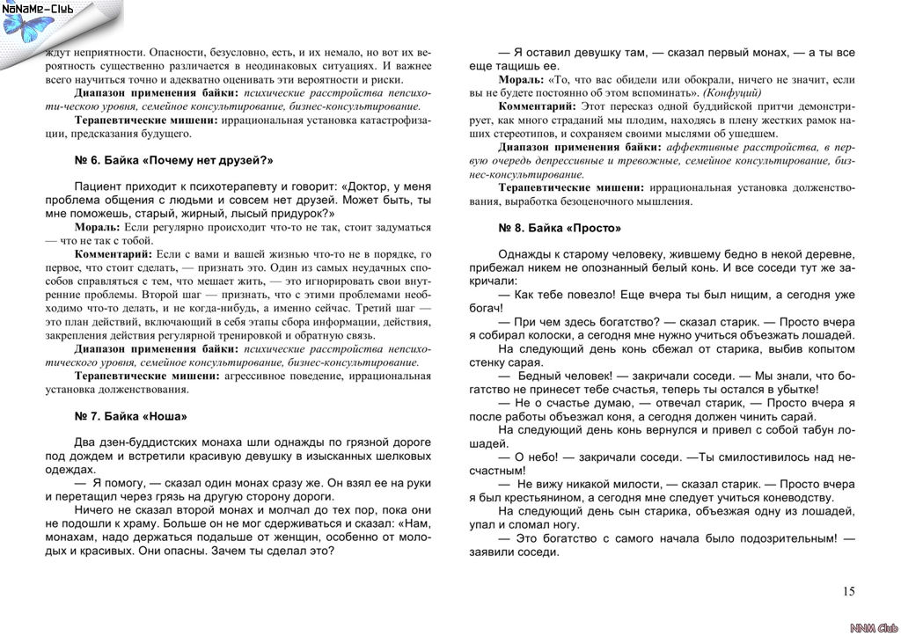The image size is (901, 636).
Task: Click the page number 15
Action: (848, 591)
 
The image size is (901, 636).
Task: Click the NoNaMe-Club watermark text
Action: (37, 9)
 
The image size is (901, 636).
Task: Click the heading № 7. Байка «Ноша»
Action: (131, 416)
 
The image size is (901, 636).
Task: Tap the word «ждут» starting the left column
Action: (57, 53)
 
